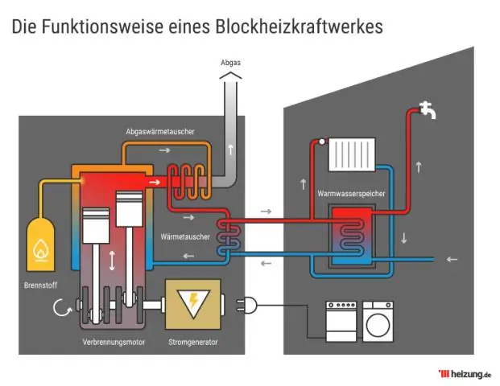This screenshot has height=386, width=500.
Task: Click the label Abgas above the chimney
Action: pyautogui.click(x=230, y=62)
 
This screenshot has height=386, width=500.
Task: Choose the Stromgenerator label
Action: pyautogui.click(x=194, y=343)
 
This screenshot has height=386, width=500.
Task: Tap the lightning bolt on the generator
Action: pyautogui.click(x=194, y=304)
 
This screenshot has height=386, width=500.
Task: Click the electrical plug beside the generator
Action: pyautogui.click(x=242, y=305)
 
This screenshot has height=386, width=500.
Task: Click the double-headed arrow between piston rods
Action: pyautogui.click(x=112, y=260)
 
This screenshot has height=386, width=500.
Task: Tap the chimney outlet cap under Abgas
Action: pyautogui.click(x=230, y=76)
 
